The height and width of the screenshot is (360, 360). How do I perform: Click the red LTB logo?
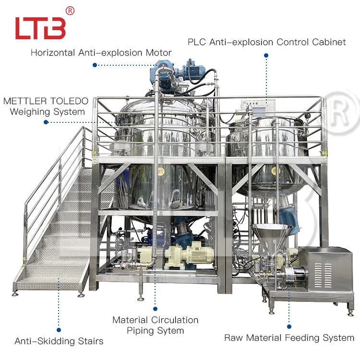click(40, 28)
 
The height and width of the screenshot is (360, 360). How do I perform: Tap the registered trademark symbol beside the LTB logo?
click(70, 11)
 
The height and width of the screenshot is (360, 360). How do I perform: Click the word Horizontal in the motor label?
click(53, 53)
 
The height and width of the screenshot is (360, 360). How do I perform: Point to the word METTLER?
click(25, 101)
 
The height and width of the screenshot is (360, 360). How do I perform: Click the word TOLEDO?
click(69, 101)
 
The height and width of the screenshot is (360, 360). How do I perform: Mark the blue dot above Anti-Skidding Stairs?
click(59, 330)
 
